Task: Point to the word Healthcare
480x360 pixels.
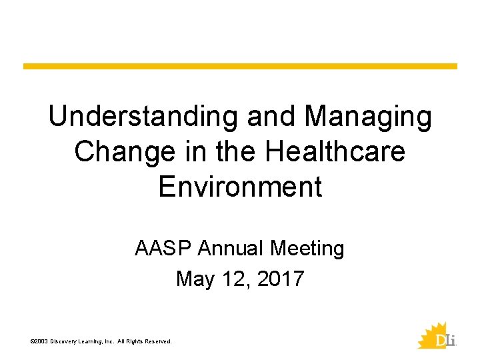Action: coord(335,152)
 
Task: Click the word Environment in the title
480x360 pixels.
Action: coord(240,187)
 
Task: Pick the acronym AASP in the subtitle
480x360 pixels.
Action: coord(163,249)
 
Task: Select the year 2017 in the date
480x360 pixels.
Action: coord(279,279)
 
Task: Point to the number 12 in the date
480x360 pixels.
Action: coord(231,279)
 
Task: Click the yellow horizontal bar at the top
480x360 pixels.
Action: coord(240,67)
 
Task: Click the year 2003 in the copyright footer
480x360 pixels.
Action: coord(41,341)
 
